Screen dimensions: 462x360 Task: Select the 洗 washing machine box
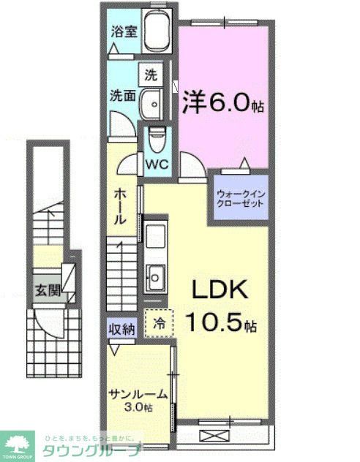[x=150, y=75]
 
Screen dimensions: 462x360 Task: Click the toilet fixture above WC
[x=156, y=137]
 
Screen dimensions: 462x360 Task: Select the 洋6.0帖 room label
[x=222, y=103]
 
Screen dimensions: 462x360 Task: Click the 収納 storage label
[x=122, y=330]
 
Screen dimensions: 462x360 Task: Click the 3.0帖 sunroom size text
[x=138, y=407]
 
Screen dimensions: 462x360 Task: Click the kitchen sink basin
[x=156, y=276]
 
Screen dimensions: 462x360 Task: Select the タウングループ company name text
[x=91, y=449]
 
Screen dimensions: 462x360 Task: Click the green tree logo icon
[x=18, y=440]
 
